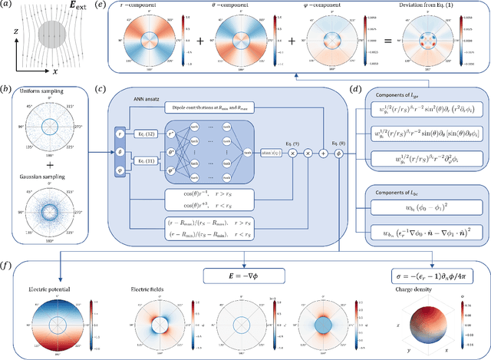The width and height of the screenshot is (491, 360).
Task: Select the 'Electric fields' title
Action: [160, 290]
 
